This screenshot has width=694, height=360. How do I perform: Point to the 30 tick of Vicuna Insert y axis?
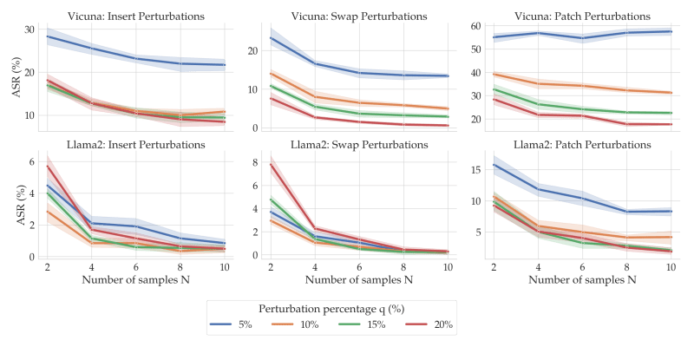(29, 30)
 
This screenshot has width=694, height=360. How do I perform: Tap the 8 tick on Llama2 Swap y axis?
(255, 162)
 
